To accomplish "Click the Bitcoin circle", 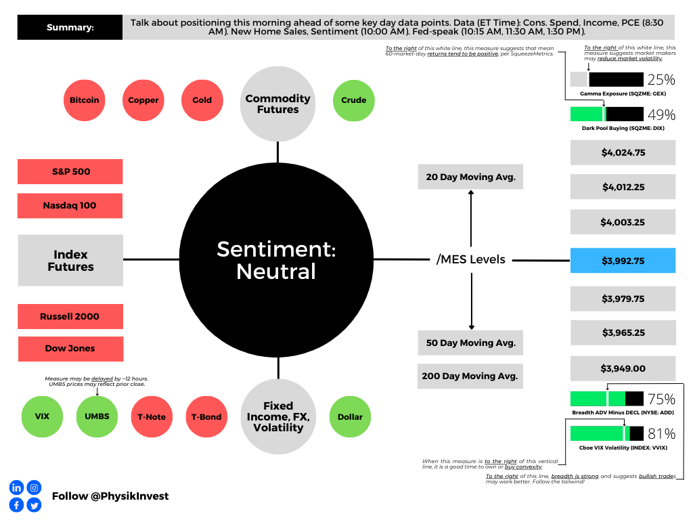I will click(85, 100).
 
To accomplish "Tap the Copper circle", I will click(143, 100).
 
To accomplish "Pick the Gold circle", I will click(202, 100).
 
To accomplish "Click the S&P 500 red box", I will click(70, 171).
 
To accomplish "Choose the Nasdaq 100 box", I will click(70, 205).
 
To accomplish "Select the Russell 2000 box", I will click(70, 316).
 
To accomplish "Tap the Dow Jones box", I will click(70, 349).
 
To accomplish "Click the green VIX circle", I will click(38, 417).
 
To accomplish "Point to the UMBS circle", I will click(97, 417).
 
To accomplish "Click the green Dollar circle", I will click(350, 417).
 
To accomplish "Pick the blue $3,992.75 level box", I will click(623, 260).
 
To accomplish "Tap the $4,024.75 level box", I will click(623, 152).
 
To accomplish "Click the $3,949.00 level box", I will click(623, 368).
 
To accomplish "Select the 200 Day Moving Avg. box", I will click(470, 376).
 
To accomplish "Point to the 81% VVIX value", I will click(661, 433).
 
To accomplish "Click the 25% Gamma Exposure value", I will click(661, 79).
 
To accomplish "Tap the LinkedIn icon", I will click(16, 487).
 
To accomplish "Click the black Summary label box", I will click(70, 28).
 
